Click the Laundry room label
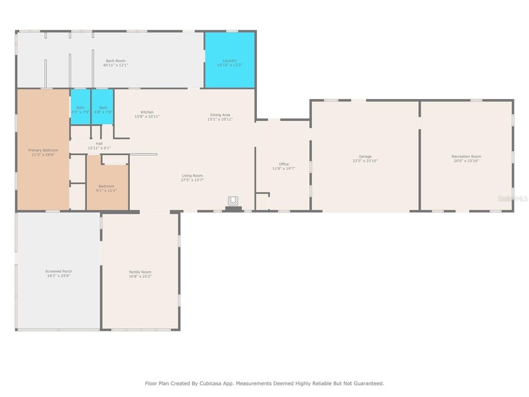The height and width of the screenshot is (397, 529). pyautogui.click(x=229, y=60)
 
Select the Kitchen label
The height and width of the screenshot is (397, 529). pyautogui.click(x=147, y=112)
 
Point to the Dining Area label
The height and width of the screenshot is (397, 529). pyautogui.click(x=220, y=115)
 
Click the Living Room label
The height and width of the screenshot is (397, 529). pyautogui.click(x=192, y=176)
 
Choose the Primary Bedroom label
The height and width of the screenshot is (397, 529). pyautogui.click(x=43, y=150)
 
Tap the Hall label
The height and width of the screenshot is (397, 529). pyautogui.click(x=99, y=144)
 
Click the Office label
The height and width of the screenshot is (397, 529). pyautogui.click(x=283, y=164)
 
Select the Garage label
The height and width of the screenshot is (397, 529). pyautogui.click(x=365, y=156)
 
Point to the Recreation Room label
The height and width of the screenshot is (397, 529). pyautogui.click(x=466, y=156)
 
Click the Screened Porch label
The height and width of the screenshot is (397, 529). pyautogui.click(x=58, y=271)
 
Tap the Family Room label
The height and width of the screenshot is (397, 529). pyautogui.click(x=140, y=272)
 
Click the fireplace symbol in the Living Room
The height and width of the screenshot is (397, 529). pyautogui.click(x=234, y=202)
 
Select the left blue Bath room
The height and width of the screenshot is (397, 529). pyautogui.click(x=80, y=108)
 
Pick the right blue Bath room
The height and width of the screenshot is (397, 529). pyautogui.click(x=103, y=108)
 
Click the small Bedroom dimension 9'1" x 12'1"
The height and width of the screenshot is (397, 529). pyautogui.click(x=106, y=190)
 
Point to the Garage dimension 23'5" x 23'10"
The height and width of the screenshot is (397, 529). pyautogui.click(x=365, y=161)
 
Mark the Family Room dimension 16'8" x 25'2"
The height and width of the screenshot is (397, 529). pyautogui.click(x=140, y=276)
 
